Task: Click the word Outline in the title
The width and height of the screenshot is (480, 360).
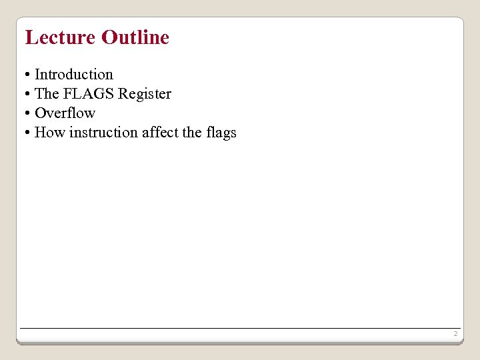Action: (x=135, y=37)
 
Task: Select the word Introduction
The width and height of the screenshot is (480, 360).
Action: (x=74, y=75)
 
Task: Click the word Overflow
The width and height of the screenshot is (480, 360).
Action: (x=65, y=113)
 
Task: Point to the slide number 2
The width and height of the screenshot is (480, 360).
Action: (x=455, y=333)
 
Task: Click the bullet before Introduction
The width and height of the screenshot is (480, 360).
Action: (x=27, y=75)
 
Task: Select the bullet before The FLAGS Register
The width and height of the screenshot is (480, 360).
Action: (x=27, y=94)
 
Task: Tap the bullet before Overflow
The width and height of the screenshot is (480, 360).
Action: (x=27, y=113)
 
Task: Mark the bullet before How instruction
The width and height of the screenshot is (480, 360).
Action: (x=27, y=133)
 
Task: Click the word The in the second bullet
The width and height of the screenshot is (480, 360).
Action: (x=47, y=94)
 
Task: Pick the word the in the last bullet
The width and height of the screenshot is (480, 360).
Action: (x=192, y=133)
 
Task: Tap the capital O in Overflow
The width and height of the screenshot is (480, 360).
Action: (x=40, y=113)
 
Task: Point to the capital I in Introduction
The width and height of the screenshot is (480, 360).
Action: (x=37, y=75)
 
